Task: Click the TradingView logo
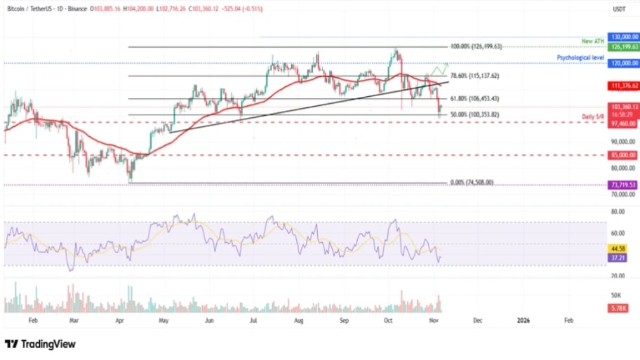coord(40,344)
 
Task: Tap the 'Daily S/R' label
coord(593,116)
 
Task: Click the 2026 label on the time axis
coord(523,319)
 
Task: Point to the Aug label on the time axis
coord(299,319)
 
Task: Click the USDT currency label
coord(619,9)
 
